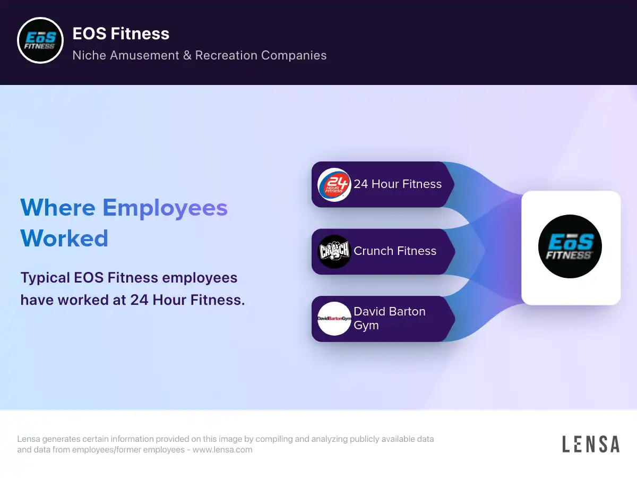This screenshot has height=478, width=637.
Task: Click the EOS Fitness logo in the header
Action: (x=40, y=40)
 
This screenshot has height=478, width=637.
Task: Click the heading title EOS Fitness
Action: (x=120, y=33)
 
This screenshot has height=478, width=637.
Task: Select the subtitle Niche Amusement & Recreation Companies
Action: (x=200, y=55)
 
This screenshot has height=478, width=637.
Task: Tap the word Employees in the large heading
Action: (x=165, y=208)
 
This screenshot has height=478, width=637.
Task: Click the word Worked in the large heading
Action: (x=64, y=238)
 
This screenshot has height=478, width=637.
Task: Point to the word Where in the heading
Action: (x=58, y=208)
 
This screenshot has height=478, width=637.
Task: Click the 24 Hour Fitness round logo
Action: (x=334, y=185)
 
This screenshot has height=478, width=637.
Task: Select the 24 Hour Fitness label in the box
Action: (x=398, y=184)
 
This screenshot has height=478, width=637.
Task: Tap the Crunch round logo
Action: (x=334, y=251)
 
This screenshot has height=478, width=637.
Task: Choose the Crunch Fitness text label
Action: (x=395, y=251)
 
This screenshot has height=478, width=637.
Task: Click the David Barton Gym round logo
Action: (x=334, y=319)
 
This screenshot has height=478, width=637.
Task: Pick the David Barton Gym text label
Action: (x=390, y=318)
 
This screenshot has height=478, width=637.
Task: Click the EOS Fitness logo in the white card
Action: (x=570, y=246)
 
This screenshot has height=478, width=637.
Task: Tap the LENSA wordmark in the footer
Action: (x=591, y=444)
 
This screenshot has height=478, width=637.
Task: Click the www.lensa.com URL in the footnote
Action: (x=222, y=449)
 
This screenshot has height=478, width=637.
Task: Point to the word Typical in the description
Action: (x=45, y=278)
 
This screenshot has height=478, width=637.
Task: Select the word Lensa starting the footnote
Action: (x=29, y=439)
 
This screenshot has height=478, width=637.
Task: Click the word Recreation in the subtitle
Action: (x=226, y=55)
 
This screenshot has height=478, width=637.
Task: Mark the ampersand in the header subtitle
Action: (x=187, y=55)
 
